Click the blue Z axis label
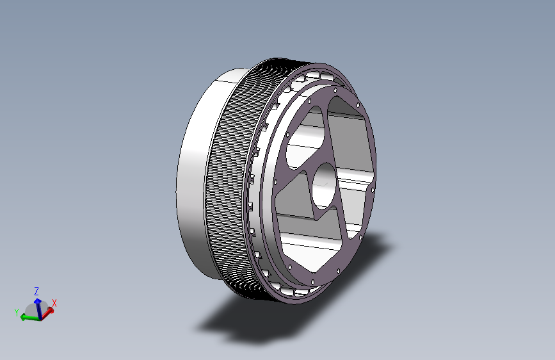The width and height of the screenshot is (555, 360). coord(36,291)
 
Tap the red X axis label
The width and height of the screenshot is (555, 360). coord(54,303)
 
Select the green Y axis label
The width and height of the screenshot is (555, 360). coord(16,313)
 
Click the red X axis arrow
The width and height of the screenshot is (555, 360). coord(47,313)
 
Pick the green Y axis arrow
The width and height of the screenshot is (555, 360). coord(31,318)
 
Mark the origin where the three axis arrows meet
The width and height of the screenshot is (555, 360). coord(41,318)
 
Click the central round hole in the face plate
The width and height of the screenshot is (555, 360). coord(323,186)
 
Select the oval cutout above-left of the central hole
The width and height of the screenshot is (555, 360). coord(305,138)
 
